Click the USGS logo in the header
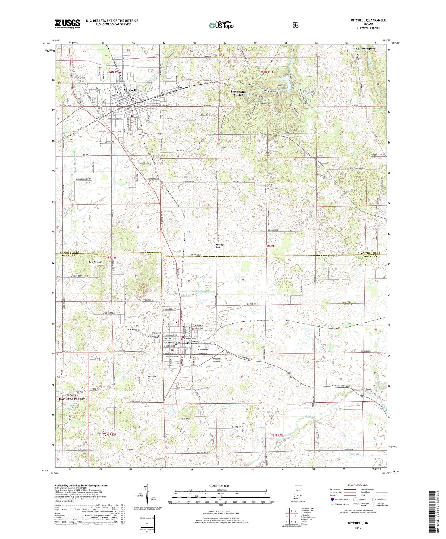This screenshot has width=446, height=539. [x=67, y=24]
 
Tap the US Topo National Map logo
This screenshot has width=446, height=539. [x=221, y=25]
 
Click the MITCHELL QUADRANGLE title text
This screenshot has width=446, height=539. [x=368, y=20]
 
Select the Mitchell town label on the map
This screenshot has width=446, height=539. [x=130, y=90]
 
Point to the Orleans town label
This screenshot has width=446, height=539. [x=191, y=344]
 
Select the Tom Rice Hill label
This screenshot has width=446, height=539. [x=95, y=262]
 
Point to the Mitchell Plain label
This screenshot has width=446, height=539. [x=220, y=246]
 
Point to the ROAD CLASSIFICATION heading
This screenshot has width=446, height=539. [x=358, y=485]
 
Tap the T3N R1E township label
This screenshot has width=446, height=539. [x=270, y=246]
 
